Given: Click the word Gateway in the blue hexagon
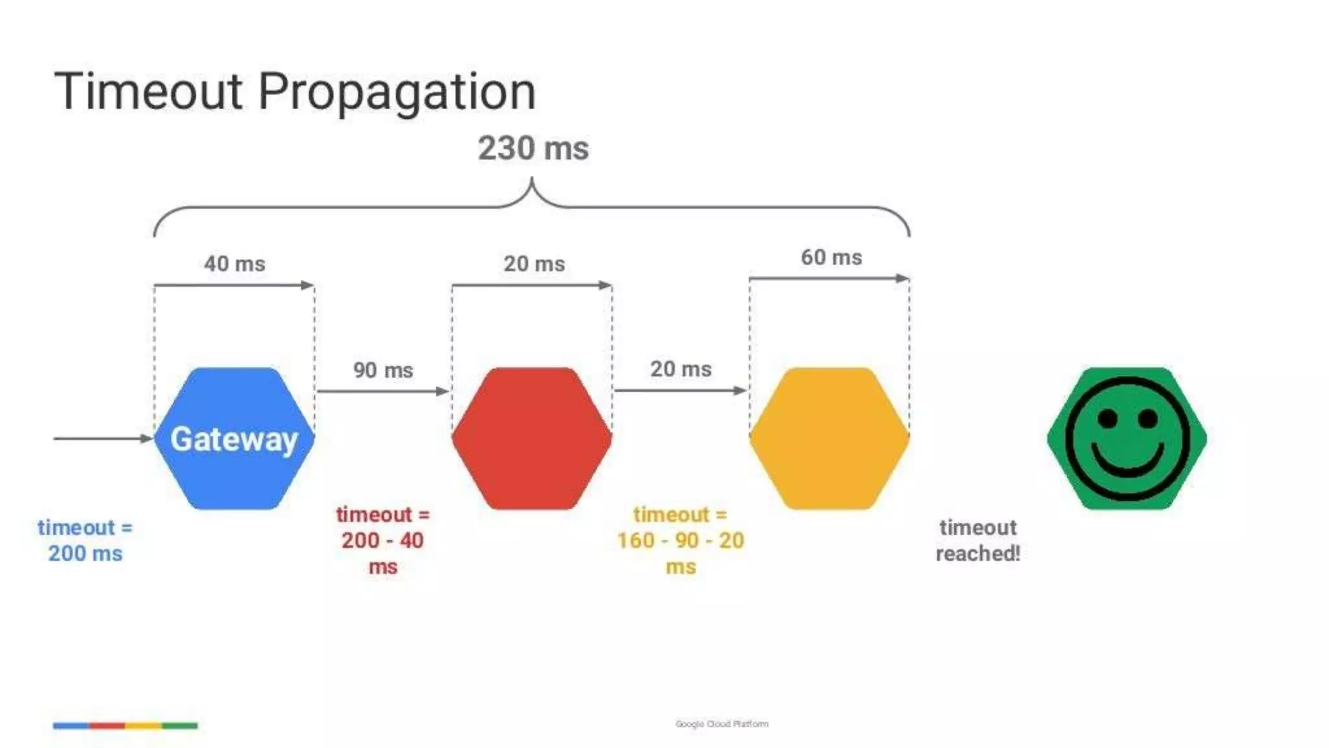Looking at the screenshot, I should (x=234, y=440).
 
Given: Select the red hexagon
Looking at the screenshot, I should (x=531, y=438).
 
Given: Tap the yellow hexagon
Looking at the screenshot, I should (x=829, y=438).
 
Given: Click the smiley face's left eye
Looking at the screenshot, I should (x=1107, y=419).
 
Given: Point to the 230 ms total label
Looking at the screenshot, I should (x=533, y=149).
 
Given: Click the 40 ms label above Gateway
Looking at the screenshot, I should (x=234, y=264).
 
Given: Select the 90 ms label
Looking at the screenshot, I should (x=383, y=370).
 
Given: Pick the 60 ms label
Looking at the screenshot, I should (x=831, y=257).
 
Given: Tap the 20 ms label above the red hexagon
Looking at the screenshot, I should (x=534, y=264).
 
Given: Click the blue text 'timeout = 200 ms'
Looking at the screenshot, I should (x=85, y=540).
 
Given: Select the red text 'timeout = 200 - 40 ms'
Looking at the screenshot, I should (x=383, y=540).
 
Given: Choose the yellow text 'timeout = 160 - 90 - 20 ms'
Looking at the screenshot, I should (x=680, y=540).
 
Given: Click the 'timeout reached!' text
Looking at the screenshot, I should (x=978, y=540).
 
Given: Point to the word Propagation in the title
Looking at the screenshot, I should (x=396, y=92).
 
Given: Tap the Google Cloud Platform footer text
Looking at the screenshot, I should (x=722, y=724).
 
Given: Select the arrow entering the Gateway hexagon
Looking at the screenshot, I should (x=103, y=438).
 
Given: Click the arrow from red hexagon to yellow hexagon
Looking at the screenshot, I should (x=680, y=391).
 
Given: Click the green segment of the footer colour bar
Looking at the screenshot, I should (x=180, y=725).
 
